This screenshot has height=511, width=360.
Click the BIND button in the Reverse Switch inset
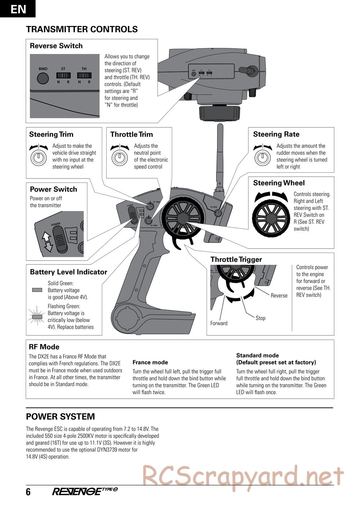click(x=43, y=78)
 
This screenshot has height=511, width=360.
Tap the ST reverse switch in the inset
click(x=63, y=76)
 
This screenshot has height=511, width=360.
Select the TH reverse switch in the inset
click(x=84, y=76)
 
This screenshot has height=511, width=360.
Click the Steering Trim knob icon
click(x=39, y=157)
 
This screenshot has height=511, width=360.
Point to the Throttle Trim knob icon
click(x=120, y=157)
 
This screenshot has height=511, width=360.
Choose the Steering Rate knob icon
click(x=263, y=157)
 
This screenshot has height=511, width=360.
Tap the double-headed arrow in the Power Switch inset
click(x=48, y=241)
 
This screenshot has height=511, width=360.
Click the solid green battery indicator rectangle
click(x=37, y=290)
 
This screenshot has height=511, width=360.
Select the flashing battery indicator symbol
click(x=37, y=316)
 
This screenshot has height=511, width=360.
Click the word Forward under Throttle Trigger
click(x=219, y=323)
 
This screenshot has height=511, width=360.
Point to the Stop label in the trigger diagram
click(x=260, y=318)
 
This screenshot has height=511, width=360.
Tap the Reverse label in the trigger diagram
click(x=279, y=295)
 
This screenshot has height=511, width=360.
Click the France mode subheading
click(x=150, y=362)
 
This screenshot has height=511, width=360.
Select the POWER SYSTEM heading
click(x=60, y=417)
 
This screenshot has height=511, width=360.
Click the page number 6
click(x=28, y=492)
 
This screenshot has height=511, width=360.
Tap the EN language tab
click(x=18, y=9)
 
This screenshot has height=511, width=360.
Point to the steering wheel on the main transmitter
click(x=180, y=218)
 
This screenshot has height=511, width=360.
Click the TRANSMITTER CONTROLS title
click(x=82, y=30)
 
